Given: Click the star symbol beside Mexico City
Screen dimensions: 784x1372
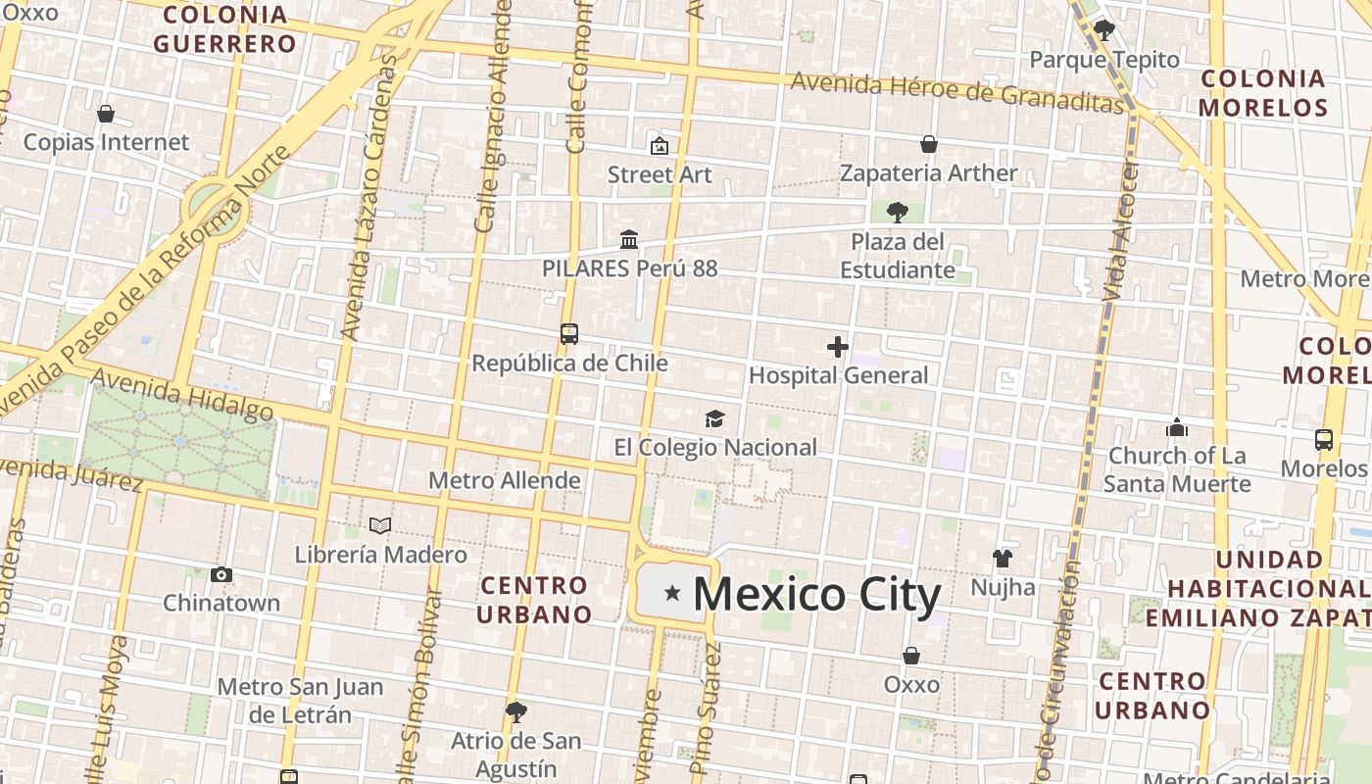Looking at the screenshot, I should click(672, 593).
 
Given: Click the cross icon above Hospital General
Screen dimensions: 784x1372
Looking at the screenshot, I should click(838, 347).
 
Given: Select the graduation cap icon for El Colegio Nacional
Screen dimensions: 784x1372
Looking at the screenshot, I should click(714, 419).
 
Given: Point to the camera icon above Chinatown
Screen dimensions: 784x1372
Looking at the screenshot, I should click(221, 574).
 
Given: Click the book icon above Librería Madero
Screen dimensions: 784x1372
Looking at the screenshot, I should click(380, 526).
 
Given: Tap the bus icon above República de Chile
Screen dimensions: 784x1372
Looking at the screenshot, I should click(569, 334).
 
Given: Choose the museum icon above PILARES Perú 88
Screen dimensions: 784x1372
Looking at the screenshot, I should click(629, 239).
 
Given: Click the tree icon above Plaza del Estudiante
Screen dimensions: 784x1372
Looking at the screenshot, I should click(897, 212).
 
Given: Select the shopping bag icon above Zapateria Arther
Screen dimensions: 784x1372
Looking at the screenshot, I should click(929, 145).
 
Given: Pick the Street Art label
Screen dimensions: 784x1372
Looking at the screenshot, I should click(660, 174).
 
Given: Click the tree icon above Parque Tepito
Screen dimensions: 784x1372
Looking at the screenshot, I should click(1104, 30).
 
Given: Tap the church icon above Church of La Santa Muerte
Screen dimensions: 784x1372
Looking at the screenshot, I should click(1177, 427).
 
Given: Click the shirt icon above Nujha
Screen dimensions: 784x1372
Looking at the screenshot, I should click(1002, 559).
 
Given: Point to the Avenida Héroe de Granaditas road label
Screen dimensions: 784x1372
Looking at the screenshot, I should click(956, 91).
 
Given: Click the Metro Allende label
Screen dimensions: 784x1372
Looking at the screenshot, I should click(505, 480).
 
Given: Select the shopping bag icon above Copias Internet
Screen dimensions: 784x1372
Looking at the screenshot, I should click(106, 114).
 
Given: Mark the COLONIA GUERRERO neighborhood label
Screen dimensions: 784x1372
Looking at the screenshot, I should click(224, 29).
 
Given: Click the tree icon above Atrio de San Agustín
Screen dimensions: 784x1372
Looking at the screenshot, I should click(516, 712).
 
